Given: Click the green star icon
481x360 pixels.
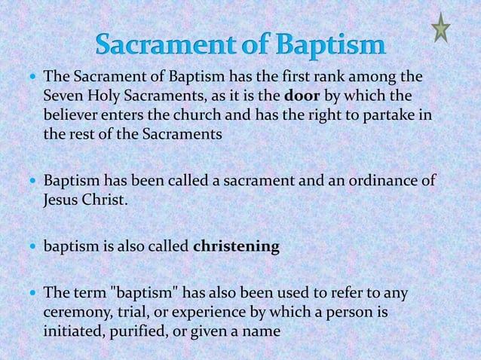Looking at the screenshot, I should click(x=440, y=29).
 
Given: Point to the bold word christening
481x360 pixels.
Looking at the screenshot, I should click(x=236, y=246).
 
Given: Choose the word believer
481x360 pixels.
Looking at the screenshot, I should click(x=72, y=115).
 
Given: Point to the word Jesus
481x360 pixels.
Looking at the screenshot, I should click(x=62, y=200).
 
